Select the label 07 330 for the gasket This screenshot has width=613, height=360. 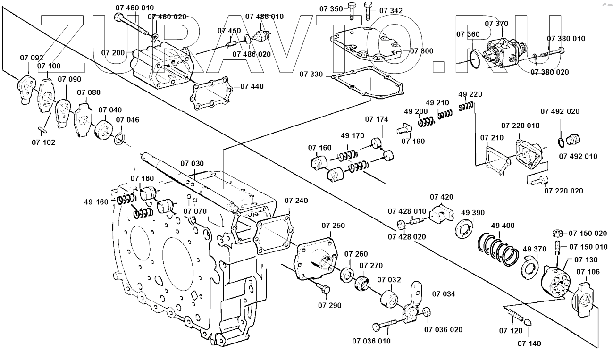(x=311, y=74)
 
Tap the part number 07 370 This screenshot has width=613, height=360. (x=496, y=23)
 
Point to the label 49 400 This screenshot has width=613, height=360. (x=503, y=225)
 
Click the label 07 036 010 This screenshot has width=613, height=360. (x=371, y=341)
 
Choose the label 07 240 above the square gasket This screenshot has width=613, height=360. (x=296, y=201)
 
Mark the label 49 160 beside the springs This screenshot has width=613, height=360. (x=97, y=202)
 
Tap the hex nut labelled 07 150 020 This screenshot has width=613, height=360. (x=557, y=233)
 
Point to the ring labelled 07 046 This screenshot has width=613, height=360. (x=120, y=139)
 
